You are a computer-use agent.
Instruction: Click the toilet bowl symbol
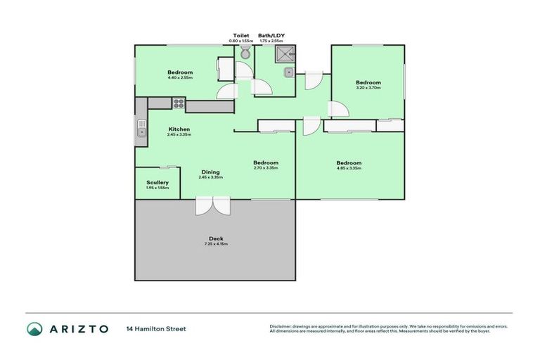click(244, 54)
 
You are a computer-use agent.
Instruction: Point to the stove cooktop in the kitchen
click(177, 103)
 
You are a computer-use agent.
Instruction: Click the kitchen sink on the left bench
click(141, 129)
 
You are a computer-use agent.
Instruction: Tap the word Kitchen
click(179, 129)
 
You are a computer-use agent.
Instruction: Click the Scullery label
click(157, 183)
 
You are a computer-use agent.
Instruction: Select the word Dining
click(210, 172)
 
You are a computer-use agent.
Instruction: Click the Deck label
click(216, 238)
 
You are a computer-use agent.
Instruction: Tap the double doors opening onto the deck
click(212, 205)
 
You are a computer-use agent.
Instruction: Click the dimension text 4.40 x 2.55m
click(180, 77)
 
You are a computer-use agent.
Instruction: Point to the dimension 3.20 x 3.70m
click(368, 88)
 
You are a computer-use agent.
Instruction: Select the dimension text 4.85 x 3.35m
click(349, 168)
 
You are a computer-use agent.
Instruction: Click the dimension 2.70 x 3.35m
click(266, 168)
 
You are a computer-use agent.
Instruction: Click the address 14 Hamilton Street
click(155, 329)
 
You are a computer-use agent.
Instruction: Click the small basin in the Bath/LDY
click(288, 72)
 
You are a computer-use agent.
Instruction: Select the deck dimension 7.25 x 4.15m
click(216, 244)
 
